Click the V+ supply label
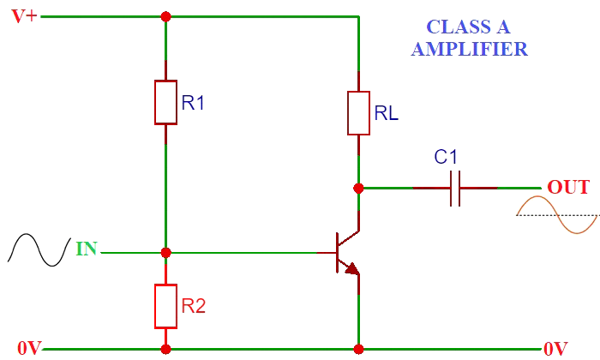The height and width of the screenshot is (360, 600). (23, 16)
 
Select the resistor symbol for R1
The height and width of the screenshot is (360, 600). (165, 103)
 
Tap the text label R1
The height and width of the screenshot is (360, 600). (194, 104)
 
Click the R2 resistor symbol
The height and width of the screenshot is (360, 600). (165, 305)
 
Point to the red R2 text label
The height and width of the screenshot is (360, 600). (194, 305)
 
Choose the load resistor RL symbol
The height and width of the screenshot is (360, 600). (358, 112)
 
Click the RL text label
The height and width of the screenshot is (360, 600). (387, 112)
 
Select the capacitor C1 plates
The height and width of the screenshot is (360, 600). (455, 188)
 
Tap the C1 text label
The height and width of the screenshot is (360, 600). (446, 157)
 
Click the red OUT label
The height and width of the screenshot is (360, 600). (568, 188)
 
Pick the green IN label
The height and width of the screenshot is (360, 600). (87, 249)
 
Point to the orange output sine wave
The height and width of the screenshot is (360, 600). (557, 214)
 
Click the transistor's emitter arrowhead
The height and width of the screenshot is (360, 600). (351, 268)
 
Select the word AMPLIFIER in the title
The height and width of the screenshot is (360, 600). (469, 49)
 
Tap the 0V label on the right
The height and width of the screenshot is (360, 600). (555, 350)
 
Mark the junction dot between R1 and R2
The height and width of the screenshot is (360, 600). (165, 253)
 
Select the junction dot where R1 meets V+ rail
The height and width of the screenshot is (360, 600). (165, 16)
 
